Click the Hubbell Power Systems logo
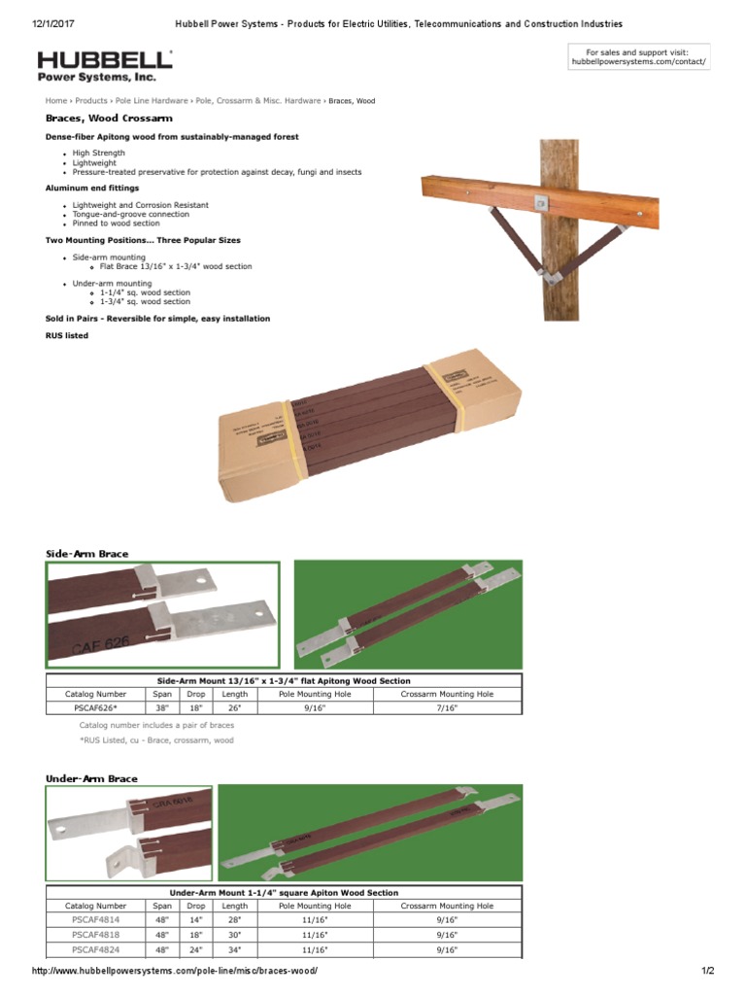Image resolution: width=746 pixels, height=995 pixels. tap(105, 65)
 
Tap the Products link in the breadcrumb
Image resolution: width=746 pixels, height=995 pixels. tap(91, 101)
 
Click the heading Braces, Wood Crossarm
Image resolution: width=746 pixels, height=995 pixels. tap(109, 119)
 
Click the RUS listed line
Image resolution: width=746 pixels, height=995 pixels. tap(67, 336)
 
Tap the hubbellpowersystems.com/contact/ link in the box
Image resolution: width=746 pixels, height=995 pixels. tap(638, 62)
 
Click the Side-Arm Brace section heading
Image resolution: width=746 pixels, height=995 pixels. tap(86, 554)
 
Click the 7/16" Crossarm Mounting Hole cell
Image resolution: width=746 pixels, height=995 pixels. tap(446, 708)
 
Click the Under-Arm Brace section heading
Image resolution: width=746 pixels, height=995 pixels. tap(91, 778)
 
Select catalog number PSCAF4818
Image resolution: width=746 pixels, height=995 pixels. tap(95, 935)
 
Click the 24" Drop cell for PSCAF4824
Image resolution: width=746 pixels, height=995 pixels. tap(196, 949)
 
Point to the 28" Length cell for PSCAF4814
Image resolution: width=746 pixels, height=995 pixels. tap(234, 919)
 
